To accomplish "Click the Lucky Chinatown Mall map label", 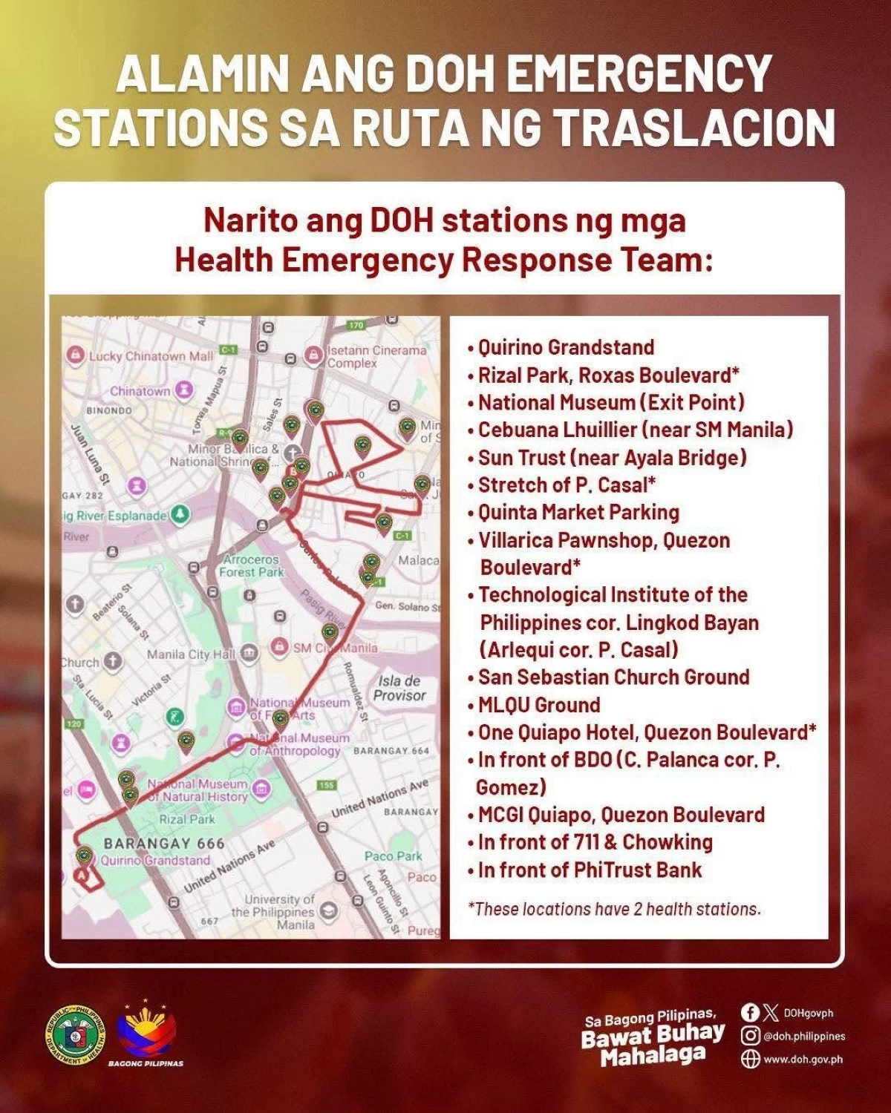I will (150, 356).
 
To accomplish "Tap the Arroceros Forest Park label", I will (252, 565).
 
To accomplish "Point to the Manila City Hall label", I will (191, 654).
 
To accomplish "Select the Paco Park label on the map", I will (393, 856).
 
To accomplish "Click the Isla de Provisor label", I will (399, 688).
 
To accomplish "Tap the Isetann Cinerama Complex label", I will (376, 356).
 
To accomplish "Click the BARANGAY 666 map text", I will (164, 844).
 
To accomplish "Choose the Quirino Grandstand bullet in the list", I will (566, 347).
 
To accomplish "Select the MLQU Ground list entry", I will (539, 705).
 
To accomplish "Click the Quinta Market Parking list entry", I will (578, 513).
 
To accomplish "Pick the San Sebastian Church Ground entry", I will (613, 677).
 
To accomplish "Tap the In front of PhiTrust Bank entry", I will (590, 870).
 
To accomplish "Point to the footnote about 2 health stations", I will (615, 909).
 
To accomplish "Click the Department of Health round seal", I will (76, 1035).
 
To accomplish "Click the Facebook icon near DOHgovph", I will (750, 1012).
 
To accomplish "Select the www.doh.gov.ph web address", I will (803, 1059).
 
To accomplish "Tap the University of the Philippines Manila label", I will (275, 912).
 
